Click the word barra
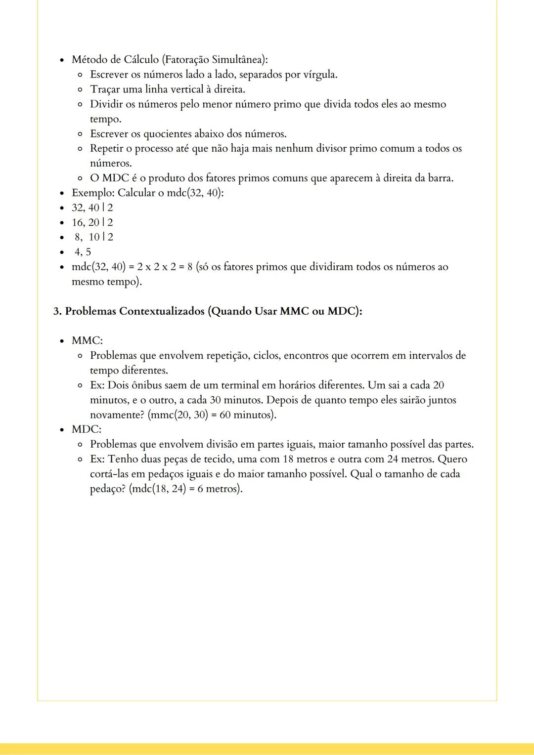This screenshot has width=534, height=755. pyautogui.click(x=440, y=178)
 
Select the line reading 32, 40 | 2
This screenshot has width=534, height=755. pyautogui.click(x=92, y=208)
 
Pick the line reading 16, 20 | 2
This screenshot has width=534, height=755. pyautogui.click(x=92, y=222)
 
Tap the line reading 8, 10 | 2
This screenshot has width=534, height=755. pyautogui.click(x=93, y=237)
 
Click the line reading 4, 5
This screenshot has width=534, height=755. pyautogui.click(x=83, y=252)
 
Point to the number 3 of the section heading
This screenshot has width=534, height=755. pyautogui.click(x=56, y=311)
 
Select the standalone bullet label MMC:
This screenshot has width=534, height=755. pyautogui.click(x=87, y=340)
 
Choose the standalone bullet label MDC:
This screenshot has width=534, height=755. pyautogui.click(x=87, y=429)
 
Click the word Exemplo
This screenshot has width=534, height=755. pyautogui.click(x=93, y=193)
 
